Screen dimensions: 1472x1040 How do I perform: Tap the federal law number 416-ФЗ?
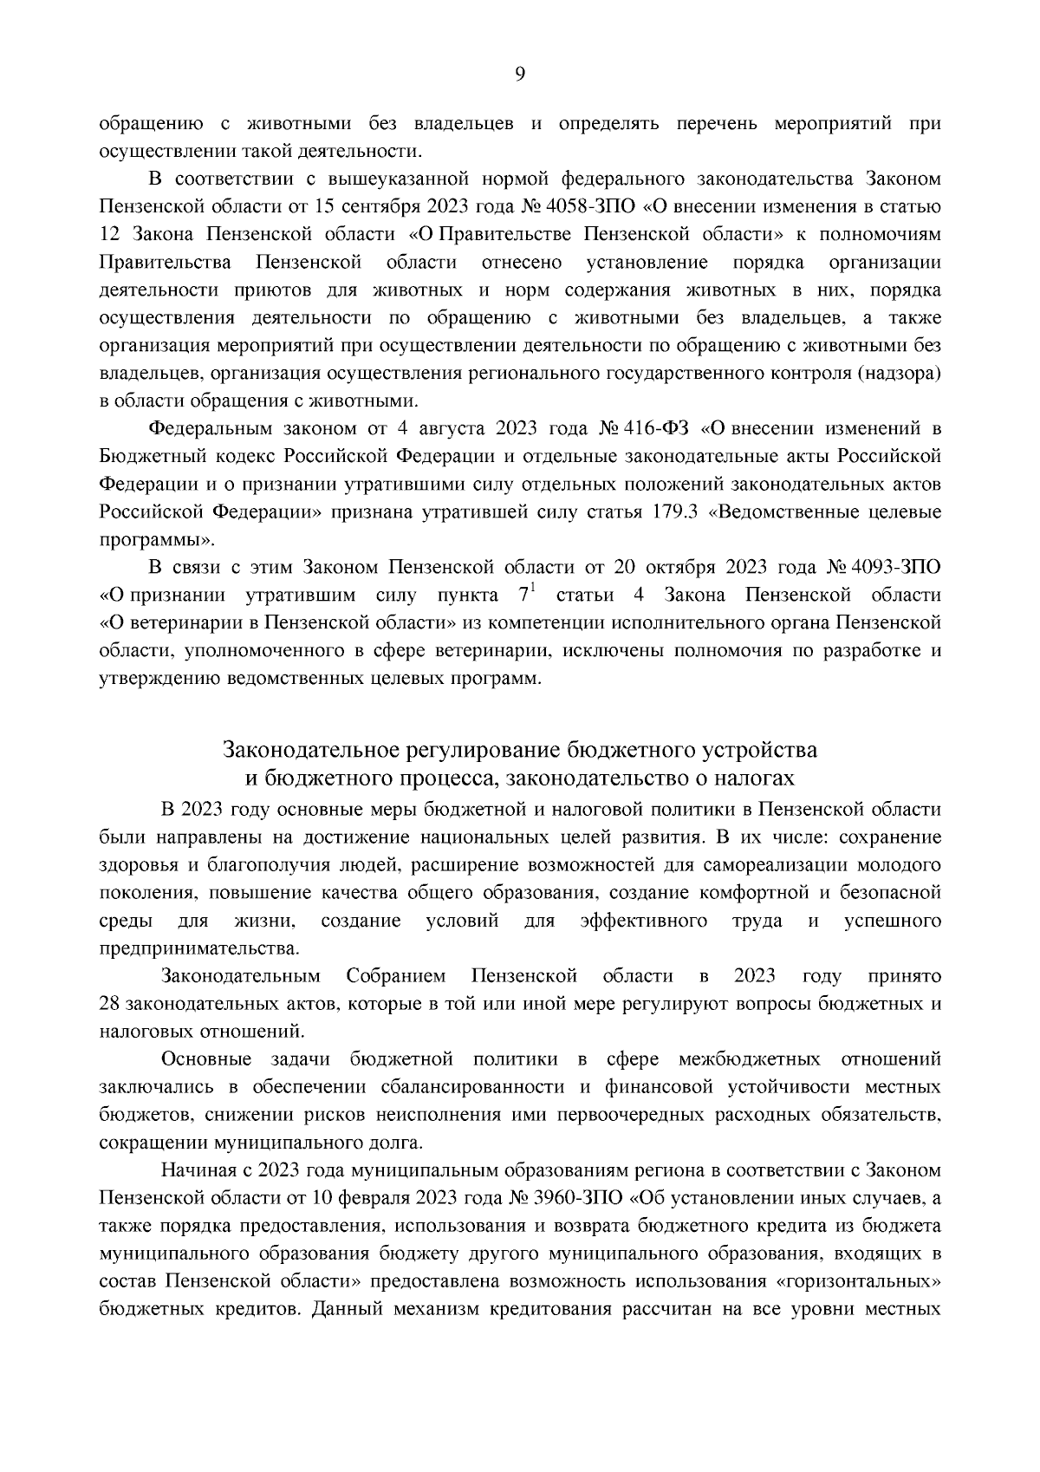click(x=654, y=428)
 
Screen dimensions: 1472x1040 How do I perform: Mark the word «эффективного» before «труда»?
click(x=643, y=920)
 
